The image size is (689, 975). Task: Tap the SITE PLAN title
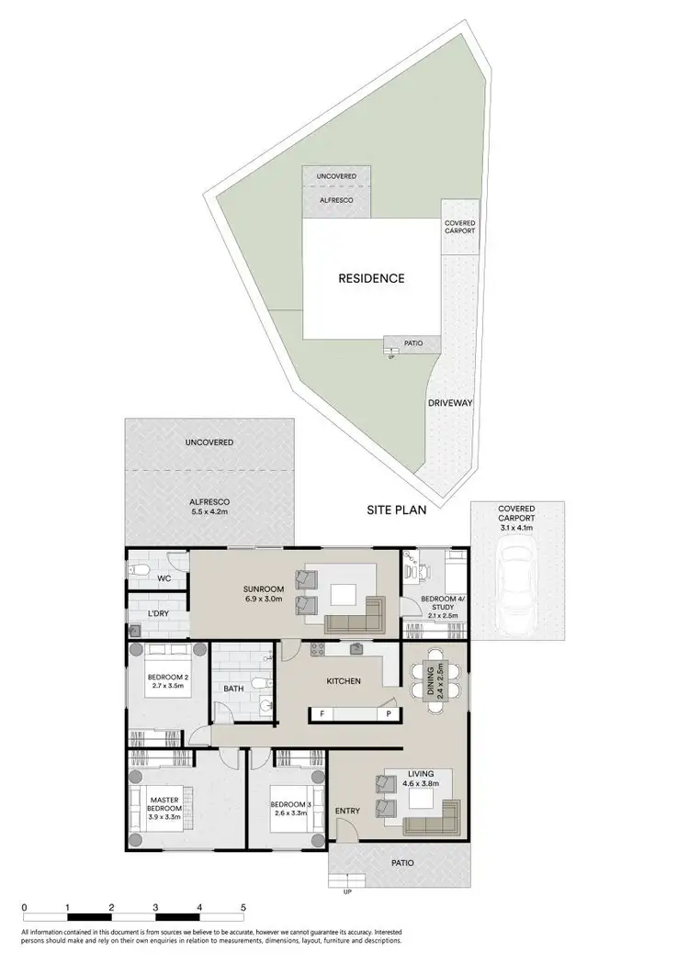(397, 510)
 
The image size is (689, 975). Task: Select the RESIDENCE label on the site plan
(370, 278)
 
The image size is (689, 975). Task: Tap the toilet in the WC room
(138, 570)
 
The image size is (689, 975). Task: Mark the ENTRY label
(348, 811)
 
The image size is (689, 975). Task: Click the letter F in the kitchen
(322, 713)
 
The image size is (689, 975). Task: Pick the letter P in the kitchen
(388, 713)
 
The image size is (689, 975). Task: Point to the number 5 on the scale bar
(243, 906)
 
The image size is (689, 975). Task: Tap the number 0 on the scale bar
(24, 906)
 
